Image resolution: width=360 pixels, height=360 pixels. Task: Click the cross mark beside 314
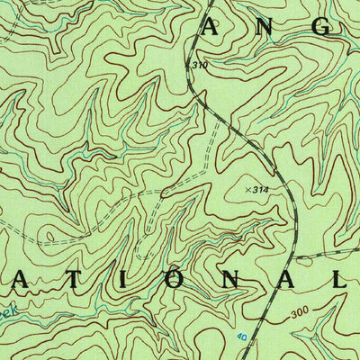[248, 189]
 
